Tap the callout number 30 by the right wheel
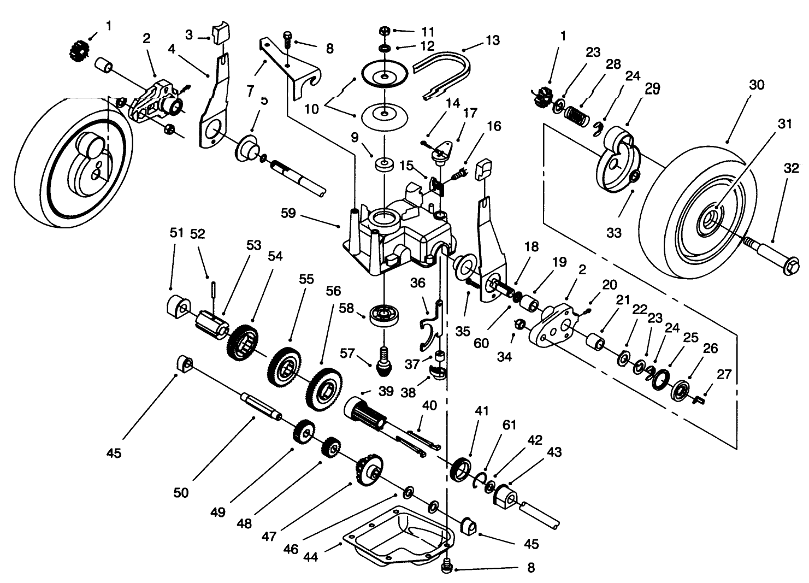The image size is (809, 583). pyautogui.click(x=757, y=85)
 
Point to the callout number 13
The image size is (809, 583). pyautogui.click(x=492, y=40)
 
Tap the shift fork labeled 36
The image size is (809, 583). pyautogui.click(x=432, y=328)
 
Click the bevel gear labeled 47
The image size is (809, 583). pyautogui.click(x=370, y=469)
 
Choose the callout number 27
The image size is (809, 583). pyautogui.click(x=724, y=375)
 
